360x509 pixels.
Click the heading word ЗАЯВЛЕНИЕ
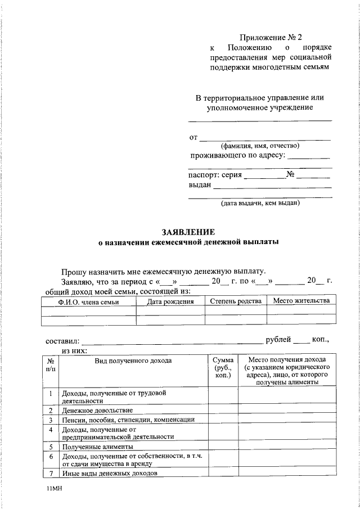point(188,232)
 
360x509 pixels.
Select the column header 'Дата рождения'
point(170,301)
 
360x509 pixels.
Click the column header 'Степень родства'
point(235,301)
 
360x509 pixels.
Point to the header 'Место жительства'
point(301,301)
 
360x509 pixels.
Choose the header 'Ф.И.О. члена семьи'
point(88,302)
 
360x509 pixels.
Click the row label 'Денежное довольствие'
point(97,410)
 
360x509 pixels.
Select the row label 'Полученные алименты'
point(93,447)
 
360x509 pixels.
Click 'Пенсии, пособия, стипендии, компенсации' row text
point(128,420)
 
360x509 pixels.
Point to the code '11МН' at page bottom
point(56,490)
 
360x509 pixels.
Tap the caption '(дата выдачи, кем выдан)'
point(259,202)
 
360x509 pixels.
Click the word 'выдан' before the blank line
point(199,185)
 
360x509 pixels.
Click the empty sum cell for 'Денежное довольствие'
point(223,410)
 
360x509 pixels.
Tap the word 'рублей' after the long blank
point(278,340)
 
